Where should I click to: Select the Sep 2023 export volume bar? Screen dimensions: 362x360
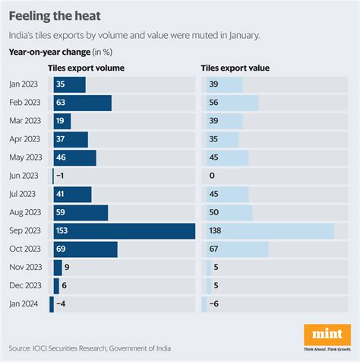124,231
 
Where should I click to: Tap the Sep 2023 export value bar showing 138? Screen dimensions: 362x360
269,231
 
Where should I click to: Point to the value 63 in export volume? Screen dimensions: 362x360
62,103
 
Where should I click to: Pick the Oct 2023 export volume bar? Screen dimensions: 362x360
85,249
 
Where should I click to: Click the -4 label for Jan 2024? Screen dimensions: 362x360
62,305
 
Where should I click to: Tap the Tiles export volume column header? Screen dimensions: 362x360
86,68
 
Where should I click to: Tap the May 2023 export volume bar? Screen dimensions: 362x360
74,157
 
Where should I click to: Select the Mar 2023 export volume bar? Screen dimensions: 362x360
62,121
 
